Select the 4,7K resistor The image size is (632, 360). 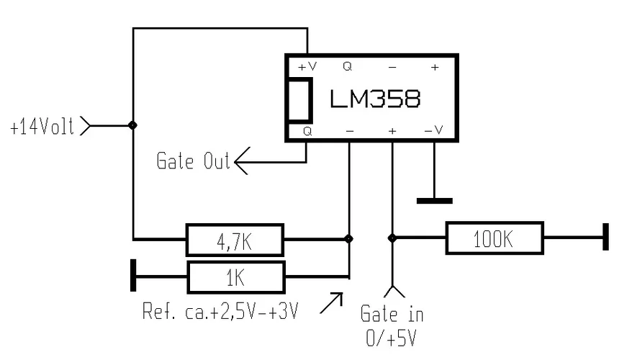(235, 240)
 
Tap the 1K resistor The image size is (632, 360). (235, 276)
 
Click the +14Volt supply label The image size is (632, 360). (42, 127)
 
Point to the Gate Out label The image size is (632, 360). (192, 161)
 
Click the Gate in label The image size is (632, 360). (392, 315)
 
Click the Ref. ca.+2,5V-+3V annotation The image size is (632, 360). (220, 312)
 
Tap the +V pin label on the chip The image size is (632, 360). (307, 66)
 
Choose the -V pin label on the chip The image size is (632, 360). (433, 132)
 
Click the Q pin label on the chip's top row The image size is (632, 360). (348, 66)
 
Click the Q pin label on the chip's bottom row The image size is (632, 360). (307, 132)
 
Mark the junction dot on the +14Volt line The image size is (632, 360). (132, 125)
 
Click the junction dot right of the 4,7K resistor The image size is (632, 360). (349, 238)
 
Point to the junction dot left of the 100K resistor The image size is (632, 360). (392, 238)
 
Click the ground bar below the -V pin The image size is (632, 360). (434, 200)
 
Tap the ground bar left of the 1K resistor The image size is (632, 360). (133, 276)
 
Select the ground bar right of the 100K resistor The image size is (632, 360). (605, 238)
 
